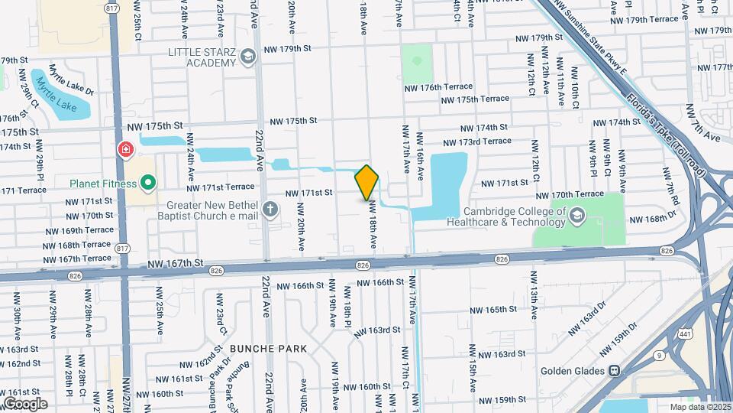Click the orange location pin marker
366,182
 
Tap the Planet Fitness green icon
149,183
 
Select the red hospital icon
124,148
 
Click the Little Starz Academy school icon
247,56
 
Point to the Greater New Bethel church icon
270,209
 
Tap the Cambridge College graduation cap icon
576,217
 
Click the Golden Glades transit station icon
613,371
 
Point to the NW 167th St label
177,264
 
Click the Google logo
25,403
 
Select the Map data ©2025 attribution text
699,407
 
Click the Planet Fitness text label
102,184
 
